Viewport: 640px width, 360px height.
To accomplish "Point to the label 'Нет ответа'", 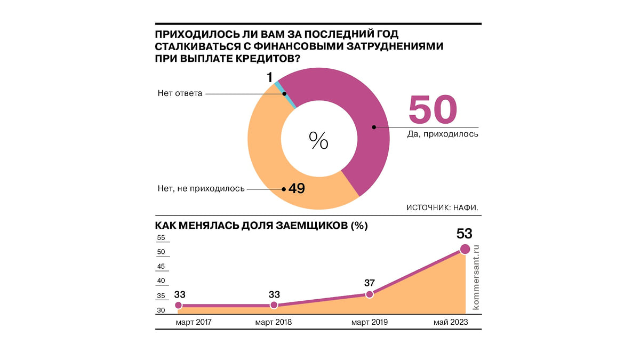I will click(180, 94).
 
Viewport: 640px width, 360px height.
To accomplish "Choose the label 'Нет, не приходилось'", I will click(201, 188).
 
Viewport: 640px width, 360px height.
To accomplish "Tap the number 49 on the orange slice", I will click(296, 188).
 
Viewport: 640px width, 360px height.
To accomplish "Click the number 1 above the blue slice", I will click(270, 78).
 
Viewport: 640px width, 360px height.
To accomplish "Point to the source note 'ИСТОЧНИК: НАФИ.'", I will click(442, 207).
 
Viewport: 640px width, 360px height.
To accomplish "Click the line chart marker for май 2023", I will click(465, 249).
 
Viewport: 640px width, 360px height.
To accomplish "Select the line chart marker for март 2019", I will click(370, 294).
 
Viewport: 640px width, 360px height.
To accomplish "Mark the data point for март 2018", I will click(274, 305).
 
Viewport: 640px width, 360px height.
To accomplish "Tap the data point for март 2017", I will click(178, 305).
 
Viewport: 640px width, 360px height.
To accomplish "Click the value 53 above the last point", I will click(464, 234).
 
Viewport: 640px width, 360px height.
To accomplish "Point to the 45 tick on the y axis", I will click(162, 267).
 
